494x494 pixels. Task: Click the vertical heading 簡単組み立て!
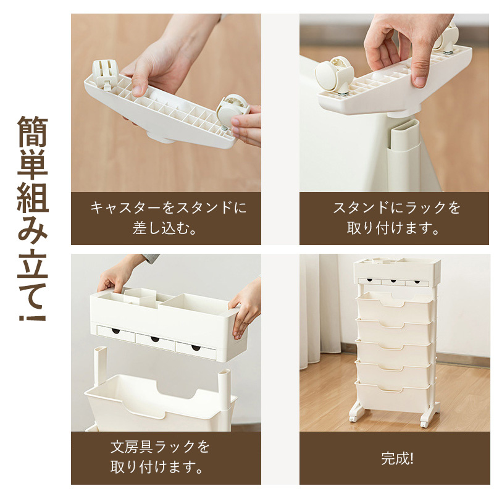point(33,219)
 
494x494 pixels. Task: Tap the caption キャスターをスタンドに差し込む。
point(166,218)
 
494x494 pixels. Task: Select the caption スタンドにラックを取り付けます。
point(394,218)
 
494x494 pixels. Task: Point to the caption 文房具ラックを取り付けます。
point(160,457)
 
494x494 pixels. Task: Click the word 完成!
point(397,458)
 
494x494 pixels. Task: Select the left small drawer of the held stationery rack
point(115,333)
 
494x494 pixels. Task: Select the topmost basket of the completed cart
point(394,306)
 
